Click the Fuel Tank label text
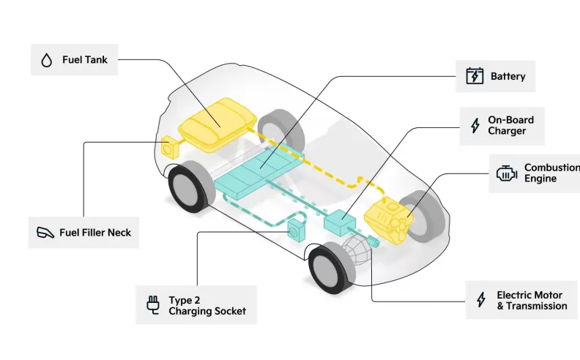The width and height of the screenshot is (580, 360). click(85, 59)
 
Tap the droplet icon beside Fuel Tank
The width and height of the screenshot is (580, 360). click(47, 60)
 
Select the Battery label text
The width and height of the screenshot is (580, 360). click(508, 76)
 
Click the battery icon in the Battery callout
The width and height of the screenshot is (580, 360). click(475, 76)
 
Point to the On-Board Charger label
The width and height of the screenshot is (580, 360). click(511, 125)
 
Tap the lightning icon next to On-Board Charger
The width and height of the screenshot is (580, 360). click(475, 125)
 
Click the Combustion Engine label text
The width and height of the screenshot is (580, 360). click(551, 173)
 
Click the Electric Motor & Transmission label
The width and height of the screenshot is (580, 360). click(532, 300)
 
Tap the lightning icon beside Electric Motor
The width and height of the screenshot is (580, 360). click(481, 300)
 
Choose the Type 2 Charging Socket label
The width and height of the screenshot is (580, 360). click(207, 305)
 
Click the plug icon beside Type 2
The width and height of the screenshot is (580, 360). click(153, 305)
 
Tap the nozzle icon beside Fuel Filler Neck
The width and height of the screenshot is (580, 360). click(46, 233)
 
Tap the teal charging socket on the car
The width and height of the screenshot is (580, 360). click(297, 230)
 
